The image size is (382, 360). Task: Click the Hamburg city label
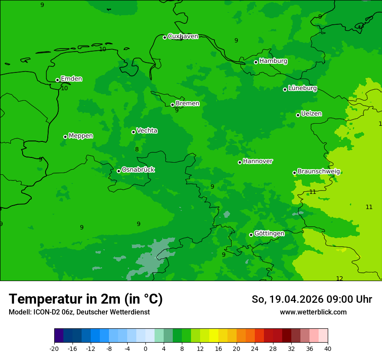tap(273, 61)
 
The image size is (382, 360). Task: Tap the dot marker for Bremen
tap(172, 105)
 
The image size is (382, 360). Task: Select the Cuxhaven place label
tap(183, 36)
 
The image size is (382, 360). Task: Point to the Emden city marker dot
tap(57, 80)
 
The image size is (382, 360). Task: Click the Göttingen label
tap(269, 234)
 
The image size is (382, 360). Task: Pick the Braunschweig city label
tap(319, 172)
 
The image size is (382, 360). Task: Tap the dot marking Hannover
tap(240, 162)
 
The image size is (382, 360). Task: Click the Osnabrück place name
tap(138, 170)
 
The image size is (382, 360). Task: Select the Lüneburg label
tap(303, 88)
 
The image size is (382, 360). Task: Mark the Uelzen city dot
tap(298, 115)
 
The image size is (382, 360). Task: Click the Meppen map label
tap(81, 136)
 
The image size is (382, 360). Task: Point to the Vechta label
tap(147, 131)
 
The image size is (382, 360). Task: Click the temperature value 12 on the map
tap(339, 278)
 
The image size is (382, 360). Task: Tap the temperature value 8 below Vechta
tap(137, 150)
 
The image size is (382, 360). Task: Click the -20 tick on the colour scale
tap(54, 349)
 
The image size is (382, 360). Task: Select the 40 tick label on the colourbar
tap(328, 349)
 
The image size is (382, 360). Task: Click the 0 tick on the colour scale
tap(145, 349)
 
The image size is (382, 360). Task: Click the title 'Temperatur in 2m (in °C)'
tap(86, 299)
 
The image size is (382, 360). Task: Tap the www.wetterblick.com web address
tap(313, 312)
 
